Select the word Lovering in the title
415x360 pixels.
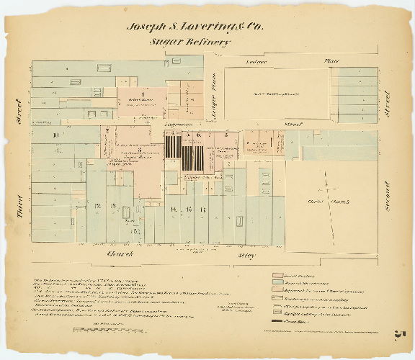click(x=200, y=27)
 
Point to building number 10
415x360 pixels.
click(x=55, y=135)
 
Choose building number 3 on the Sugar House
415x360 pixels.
click(x=108, y=148)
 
